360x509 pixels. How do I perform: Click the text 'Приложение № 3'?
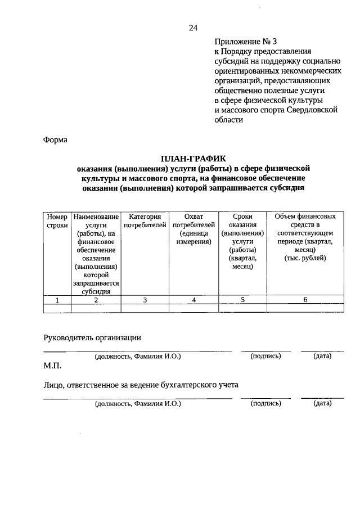click(x=246, y=42)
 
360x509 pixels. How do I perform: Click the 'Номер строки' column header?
click(x=57, y=221)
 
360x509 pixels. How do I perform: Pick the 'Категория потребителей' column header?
click(x=145, y=221)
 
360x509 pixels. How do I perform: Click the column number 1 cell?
click(x=57, y=300)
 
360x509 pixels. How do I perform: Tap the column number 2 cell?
click(x=96, y=300)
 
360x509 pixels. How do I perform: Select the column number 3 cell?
click(x=145, y=300)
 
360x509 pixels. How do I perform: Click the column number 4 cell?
click(x=194, y=300)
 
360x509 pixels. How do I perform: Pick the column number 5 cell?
click(x=242, y=300)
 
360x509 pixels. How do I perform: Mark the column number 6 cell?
click(x=305, y=300)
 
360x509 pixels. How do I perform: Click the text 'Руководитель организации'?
click(x=92, y=337)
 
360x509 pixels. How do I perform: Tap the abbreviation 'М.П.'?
click(x=52, y=366)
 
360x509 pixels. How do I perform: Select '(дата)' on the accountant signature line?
click(x=322, y=403)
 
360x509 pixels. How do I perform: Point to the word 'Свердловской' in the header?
click(x=312, y=110)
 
